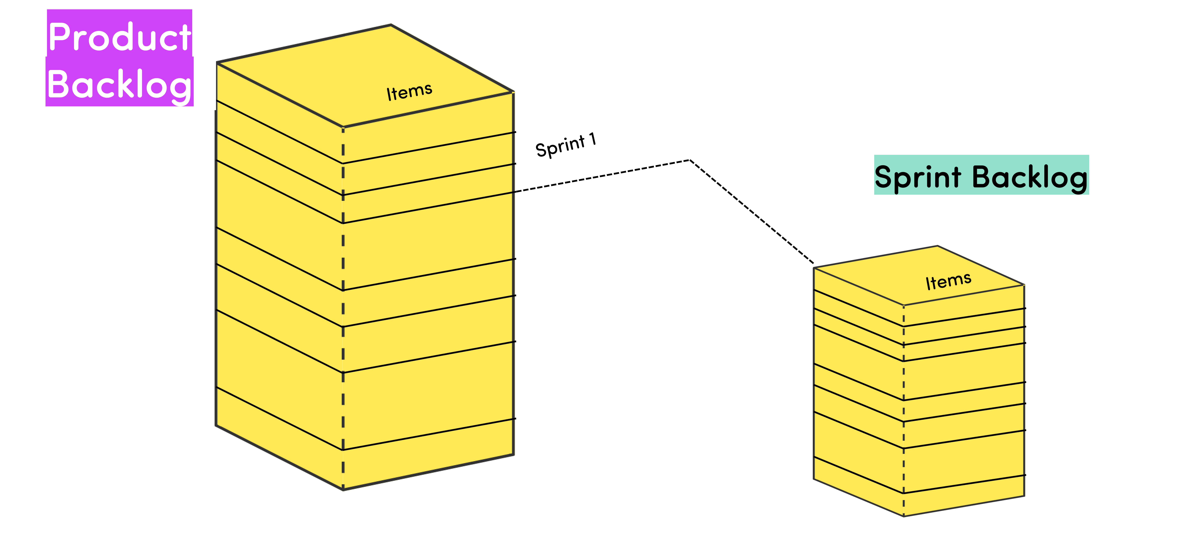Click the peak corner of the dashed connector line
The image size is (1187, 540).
689,160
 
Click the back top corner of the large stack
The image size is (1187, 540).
391,25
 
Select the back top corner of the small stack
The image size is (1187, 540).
937,246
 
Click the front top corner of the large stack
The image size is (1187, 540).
343,127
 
